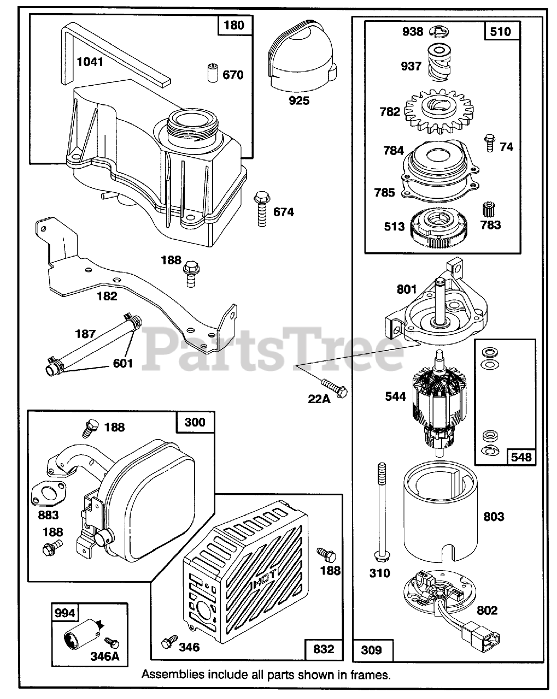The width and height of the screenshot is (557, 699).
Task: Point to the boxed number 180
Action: pos(234,26)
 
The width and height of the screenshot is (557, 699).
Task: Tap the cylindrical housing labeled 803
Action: pos(440,516)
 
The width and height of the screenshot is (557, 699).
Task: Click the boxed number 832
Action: pos(324,649)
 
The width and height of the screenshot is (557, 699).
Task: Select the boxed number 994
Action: pos(65,613)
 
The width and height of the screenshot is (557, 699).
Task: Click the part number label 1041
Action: pos(90,62)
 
